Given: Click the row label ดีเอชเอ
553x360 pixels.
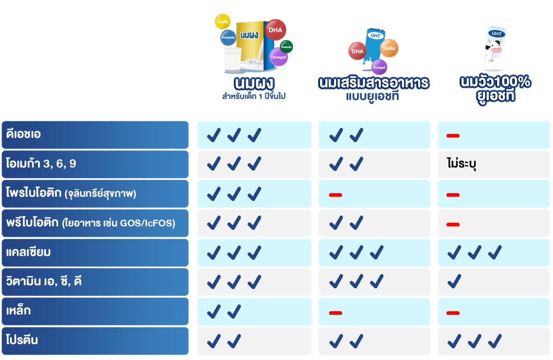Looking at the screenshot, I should [24, 134].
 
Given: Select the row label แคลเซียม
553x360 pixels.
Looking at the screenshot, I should [29, 252].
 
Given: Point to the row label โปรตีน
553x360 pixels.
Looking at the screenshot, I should [23, 340].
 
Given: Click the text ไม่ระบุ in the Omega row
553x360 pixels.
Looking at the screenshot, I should [460, 164].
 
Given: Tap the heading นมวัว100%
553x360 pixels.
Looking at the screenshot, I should [495, 82].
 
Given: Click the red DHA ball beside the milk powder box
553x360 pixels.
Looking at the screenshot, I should [275, 30].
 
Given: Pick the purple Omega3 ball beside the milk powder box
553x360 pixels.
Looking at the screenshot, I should [279, 57].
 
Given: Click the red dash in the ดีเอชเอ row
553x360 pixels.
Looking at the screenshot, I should [453, 135].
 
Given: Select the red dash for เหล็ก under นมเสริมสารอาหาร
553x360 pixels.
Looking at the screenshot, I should [335, 312].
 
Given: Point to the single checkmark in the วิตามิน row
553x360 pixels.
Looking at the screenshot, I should [454, 282].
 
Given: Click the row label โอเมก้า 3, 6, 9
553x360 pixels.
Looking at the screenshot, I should [41, 164].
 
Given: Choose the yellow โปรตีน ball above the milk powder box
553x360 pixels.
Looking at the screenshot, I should [222, 22].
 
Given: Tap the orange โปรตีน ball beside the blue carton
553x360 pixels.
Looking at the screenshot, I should [389, 48].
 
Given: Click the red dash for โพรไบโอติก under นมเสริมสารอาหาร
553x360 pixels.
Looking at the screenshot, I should [335, 194].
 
